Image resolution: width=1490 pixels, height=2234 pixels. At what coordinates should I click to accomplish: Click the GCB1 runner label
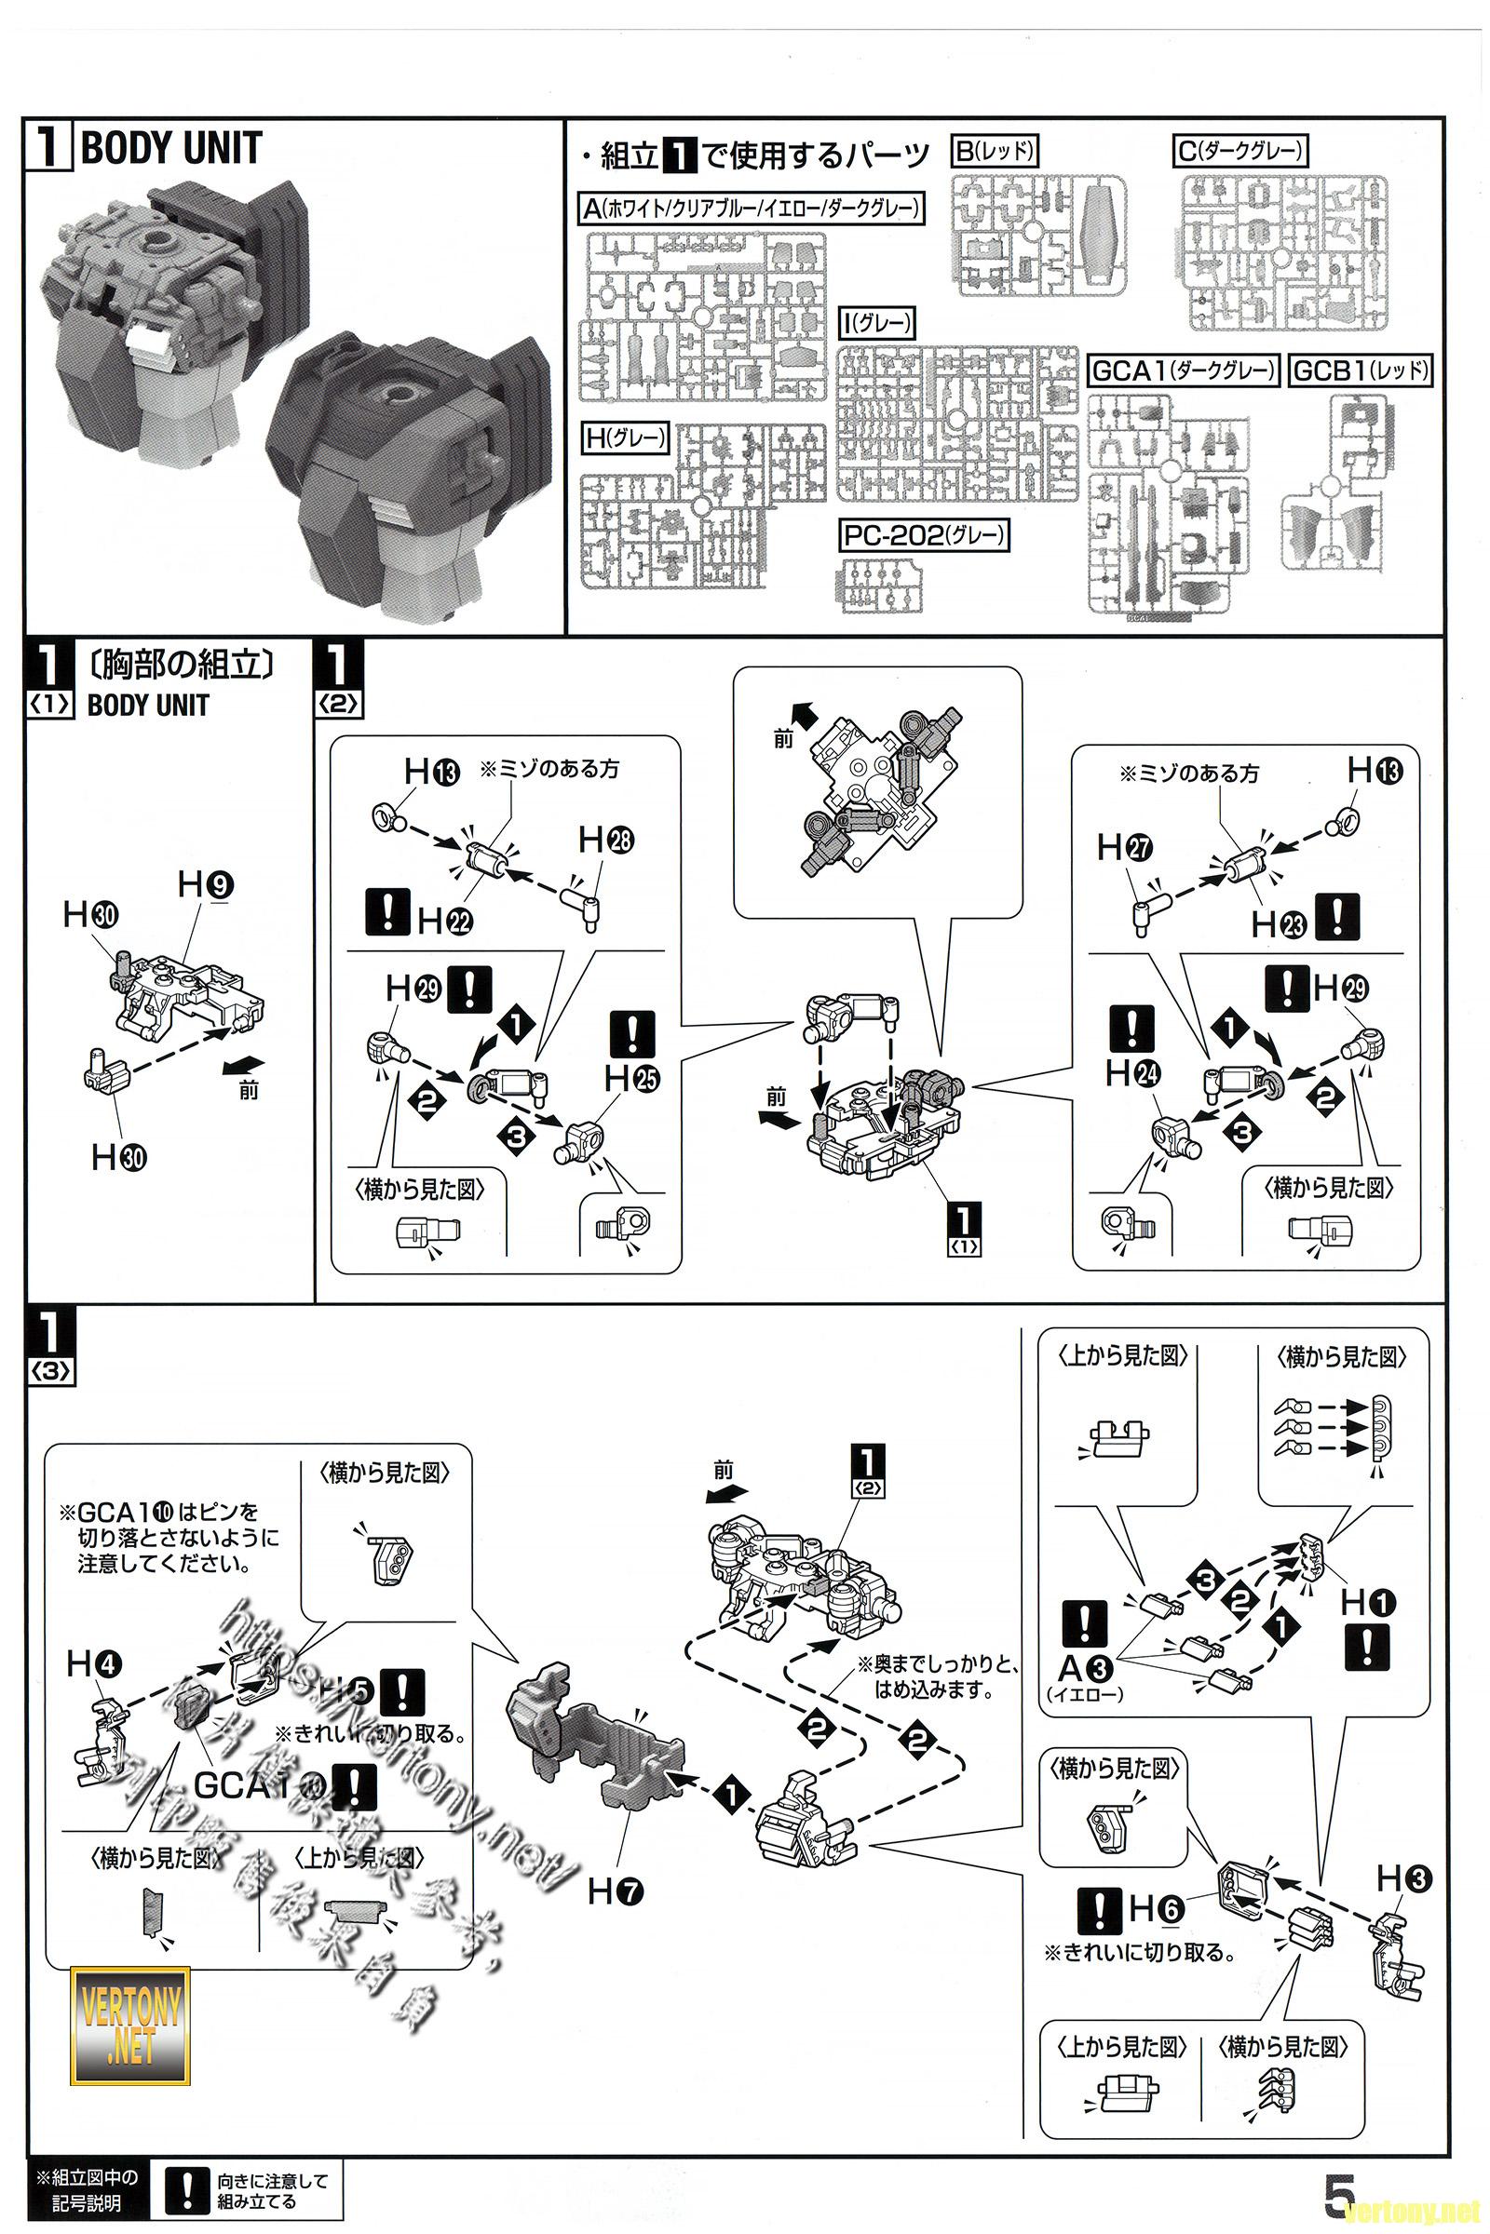point(1361,370)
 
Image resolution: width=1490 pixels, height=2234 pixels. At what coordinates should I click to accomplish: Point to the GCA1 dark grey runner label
point(1182,370)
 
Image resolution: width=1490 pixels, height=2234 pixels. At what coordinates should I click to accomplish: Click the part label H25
point(632,1078)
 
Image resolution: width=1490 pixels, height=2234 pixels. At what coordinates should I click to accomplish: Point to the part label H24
point(1131,1073)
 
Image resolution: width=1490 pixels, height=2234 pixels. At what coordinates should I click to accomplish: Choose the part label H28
point(606,840)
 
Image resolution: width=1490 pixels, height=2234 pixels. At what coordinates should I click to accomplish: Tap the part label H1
point(1367,1604)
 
